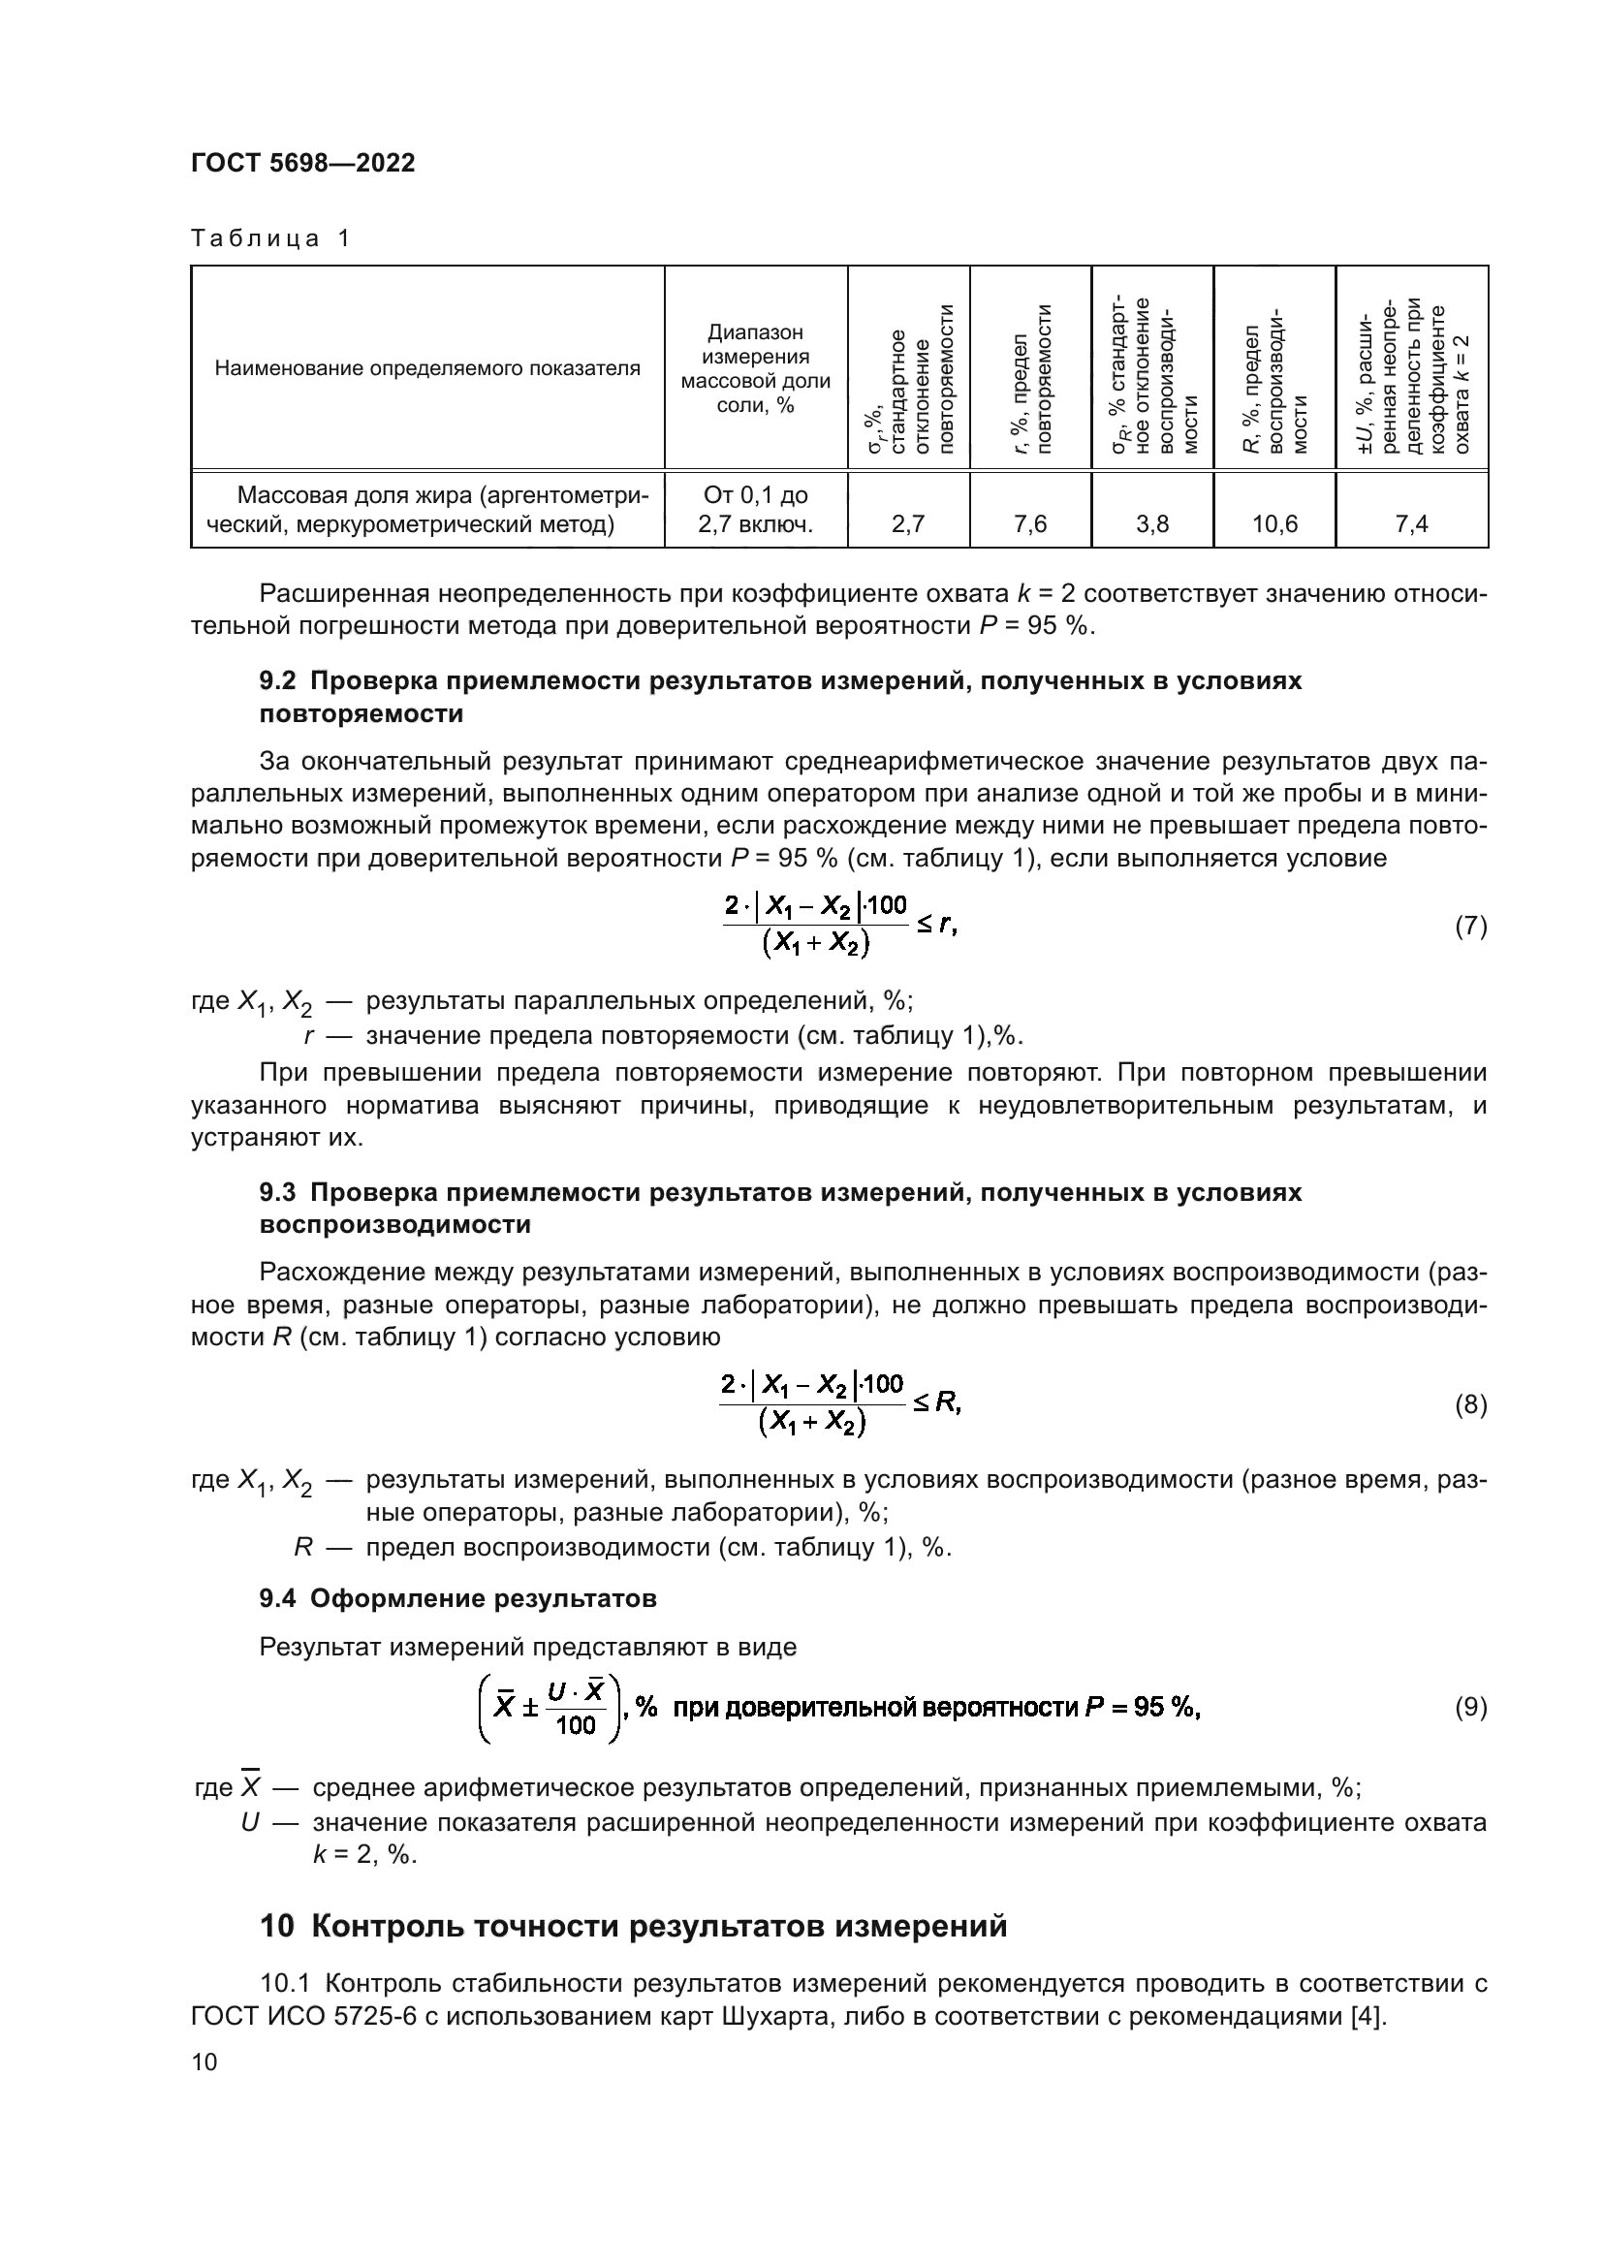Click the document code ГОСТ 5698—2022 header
[x=303, y=163]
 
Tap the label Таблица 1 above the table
[x=270, y=238]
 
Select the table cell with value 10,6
[x=1274, y=524]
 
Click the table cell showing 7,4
[x=1411, y=524]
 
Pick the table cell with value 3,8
[x=1152, y=524]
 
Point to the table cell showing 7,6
[x=1030, y=524]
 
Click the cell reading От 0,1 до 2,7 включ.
[x=755, y=510]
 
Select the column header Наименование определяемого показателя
[x=427, y=369]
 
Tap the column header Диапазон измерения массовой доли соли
[x=755, y=368]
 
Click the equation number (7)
[x=1471, y=927]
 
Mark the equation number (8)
[x=1471, y=1405]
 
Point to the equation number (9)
[x=1471, y=1707]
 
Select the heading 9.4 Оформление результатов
[x=458, y=1598]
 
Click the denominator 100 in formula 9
[x=576, y=1725]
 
